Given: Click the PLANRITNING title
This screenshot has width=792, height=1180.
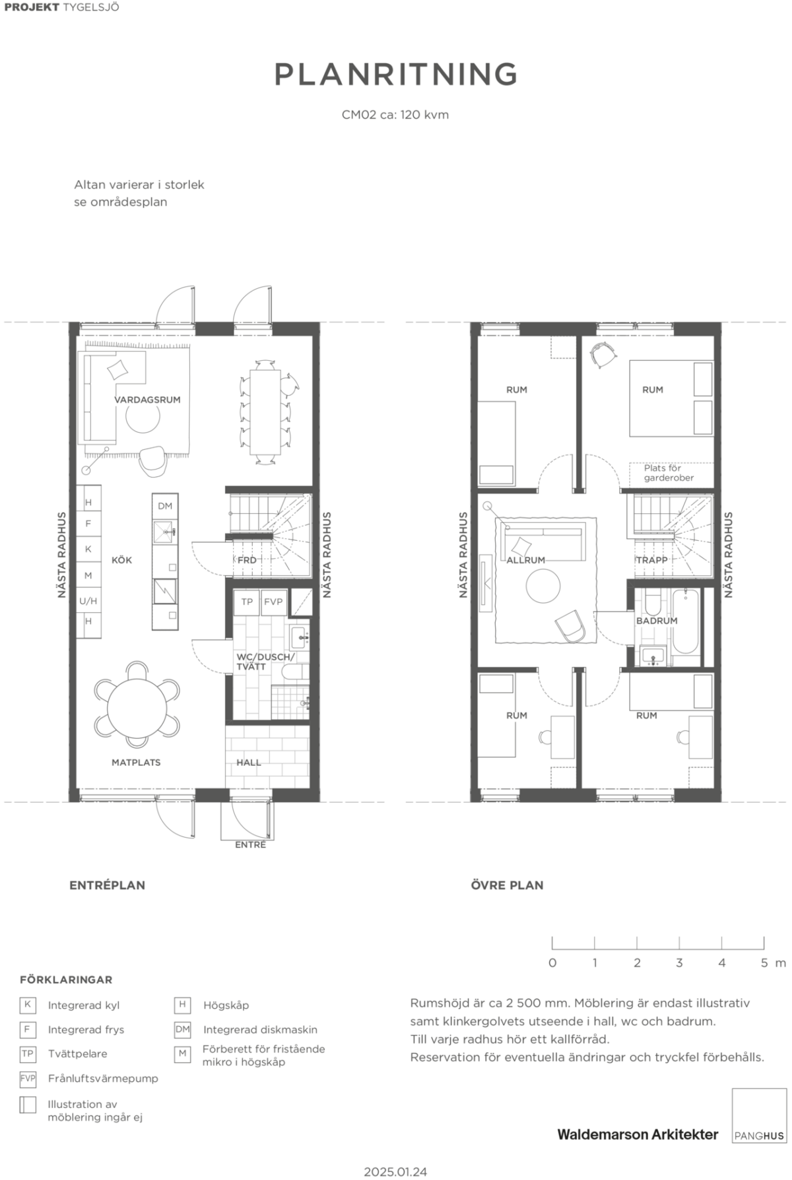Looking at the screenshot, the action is coord(396,74).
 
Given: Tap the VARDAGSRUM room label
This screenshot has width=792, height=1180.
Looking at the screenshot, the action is coord(147,400).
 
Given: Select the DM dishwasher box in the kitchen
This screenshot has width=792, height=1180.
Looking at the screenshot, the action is coord(165,506).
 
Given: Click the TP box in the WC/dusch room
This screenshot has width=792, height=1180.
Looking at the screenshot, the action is coord(247,602).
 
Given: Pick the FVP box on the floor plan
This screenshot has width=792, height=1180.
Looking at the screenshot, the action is coord(273,602).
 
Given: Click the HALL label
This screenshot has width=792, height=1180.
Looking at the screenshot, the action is coord(249,762).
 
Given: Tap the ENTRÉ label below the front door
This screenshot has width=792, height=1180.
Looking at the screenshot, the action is coord(251,845).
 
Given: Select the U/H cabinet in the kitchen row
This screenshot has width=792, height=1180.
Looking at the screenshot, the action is coord(88,601).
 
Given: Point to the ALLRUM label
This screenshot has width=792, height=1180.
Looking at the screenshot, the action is coord(526,560).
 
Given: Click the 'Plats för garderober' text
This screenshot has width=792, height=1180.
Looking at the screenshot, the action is coord(669,473).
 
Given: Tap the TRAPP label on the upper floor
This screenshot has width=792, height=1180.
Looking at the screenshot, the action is coord(652,560).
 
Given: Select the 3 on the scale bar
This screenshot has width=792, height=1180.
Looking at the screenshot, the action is coord(679,963).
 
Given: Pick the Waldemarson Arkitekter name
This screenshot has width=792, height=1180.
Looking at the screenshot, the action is coord(638,1134).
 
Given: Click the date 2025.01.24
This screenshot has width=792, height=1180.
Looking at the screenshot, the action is coord(396,1171).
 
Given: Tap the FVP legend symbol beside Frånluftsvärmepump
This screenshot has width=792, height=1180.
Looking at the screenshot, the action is coord(28,1078).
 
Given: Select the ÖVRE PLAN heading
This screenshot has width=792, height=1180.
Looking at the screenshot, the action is coord(507,885).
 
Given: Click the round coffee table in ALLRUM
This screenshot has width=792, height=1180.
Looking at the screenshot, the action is coord(543,585).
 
